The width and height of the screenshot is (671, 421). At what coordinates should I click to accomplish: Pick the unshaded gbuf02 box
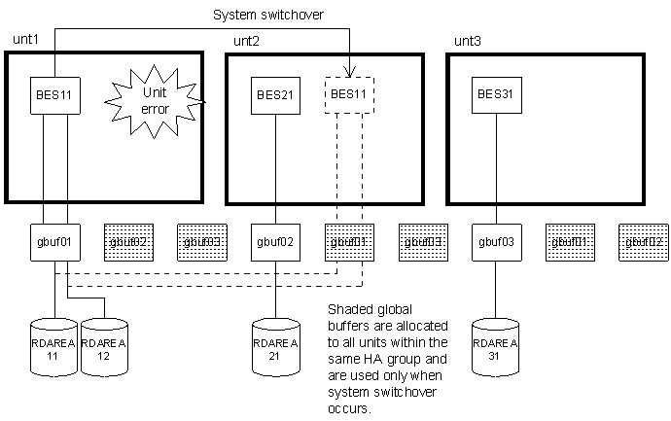tap(275, 241)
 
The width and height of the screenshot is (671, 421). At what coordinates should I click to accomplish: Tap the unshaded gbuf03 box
tap(495, 241)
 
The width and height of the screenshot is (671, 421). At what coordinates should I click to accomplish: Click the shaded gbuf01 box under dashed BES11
tap(348, 241)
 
